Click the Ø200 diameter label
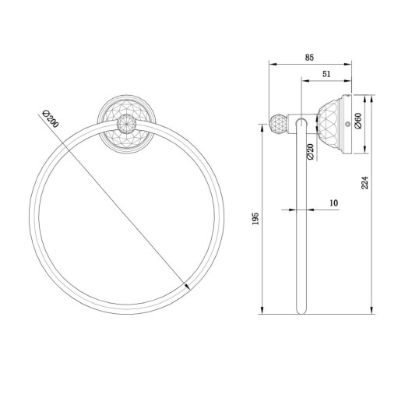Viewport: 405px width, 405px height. pyautogui.click(x=51, y=119)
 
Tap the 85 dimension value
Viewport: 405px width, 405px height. pyautogui.click(x=309, y=57)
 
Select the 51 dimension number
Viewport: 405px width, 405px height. pyautogui.click(x=326, y=74)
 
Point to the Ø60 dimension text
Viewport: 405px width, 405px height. pyautogui.click(x=358, y=121)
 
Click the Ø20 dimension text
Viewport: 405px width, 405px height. pyautogui.click(x=310, y=152)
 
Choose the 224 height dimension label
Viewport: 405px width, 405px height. pyautogui.click(x=365, y=182)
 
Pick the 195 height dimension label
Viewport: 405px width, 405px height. pyautogui.click(x=255, y=219)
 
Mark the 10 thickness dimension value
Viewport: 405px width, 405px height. pyautogui.click(x=334, y=202)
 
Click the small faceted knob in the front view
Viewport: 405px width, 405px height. pyautogui.click(x=126, y=125)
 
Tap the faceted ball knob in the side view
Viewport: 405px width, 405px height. pyautogui.click(x=277, y=124)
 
